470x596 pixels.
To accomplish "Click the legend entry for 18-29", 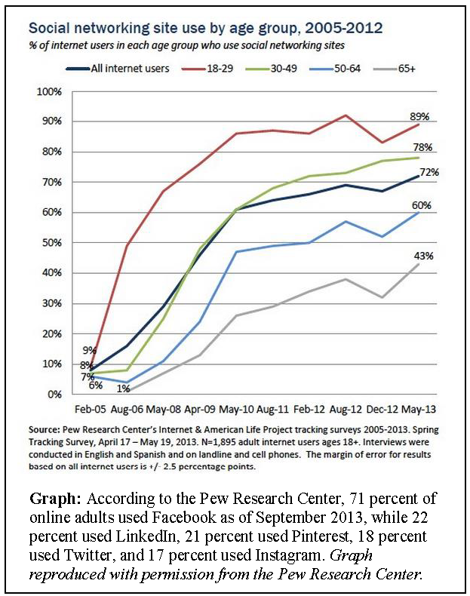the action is pos(207,69).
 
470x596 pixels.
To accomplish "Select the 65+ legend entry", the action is pos(395,69).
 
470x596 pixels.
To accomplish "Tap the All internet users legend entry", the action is pos(118,69).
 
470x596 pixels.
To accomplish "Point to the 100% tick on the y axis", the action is pos(49,91).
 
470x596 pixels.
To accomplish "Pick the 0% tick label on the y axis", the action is pos(54,394).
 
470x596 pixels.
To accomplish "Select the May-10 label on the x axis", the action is pos(236,410).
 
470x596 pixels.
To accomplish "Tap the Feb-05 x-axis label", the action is pos(91,410).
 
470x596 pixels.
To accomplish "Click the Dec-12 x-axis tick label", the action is pos(382,410).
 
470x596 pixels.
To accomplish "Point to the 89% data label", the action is pos(419,116).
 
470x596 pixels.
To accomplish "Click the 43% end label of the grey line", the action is pos(424,256).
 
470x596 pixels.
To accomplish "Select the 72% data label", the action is pos(429,172).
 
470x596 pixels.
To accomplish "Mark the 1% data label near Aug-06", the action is pos(124,389).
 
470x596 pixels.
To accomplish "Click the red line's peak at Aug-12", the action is pos(346,115).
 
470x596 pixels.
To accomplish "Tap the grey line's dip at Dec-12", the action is pos(382,297).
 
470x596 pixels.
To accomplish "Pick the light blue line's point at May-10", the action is pos(236,252).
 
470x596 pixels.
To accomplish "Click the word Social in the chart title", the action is pos(49,28).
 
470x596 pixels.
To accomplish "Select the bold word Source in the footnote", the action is pos(43,430).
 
